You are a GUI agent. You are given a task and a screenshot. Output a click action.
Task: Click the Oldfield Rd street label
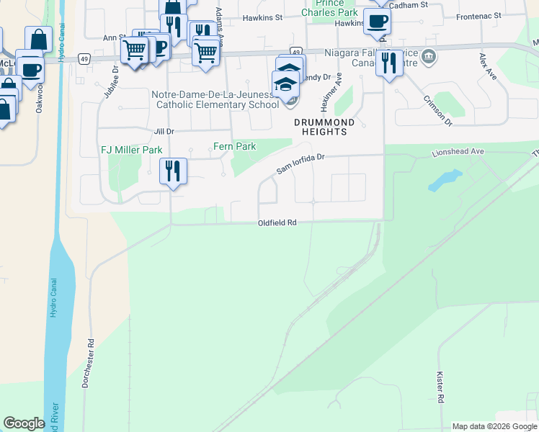pyautogui.click(x=277, y=223)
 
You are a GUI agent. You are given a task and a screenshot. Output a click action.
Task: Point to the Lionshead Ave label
pyautogui.click(x=458, y=153)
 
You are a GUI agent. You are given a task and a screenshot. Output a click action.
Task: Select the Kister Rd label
pyautogui.click(x=440, y=387)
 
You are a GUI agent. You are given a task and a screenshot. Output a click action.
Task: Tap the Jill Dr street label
pyautogui.click(x=164, y=131)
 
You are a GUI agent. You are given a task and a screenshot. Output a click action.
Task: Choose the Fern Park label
pyautogui.click(x=235, y=146)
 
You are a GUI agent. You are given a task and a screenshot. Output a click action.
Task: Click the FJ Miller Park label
pyautogui.click(x=131, y=150)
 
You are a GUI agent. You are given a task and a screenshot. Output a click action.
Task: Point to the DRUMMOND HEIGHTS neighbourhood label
pyautogui.click(x=324, y=127)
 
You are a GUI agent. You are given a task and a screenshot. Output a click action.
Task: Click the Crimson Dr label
pyautogui.click(x=437, y=111)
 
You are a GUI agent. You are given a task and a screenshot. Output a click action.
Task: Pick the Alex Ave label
pyautogui.click(x=487, y=66)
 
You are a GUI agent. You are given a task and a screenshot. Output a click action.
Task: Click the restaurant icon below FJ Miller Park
pyautogui.click(x=173, y=171)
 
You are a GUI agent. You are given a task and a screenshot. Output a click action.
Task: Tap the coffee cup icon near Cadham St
pyautogui.click(x=377, y=22)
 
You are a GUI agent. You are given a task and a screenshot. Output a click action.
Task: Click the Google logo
pyautogui.click(x=24, y=423)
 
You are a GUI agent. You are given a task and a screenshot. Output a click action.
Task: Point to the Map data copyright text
pyautogui.click(x=494, y=426)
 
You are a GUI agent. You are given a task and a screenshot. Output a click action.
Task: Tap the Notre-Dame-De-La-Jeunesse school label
pyautogui.click(x=215, y=99)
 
